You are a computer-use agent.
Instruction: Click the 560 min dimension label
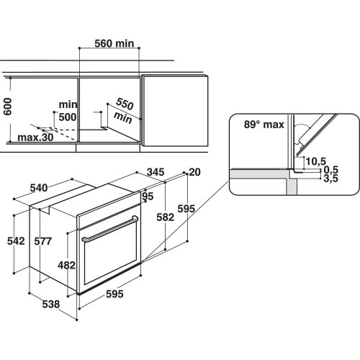(115, 44)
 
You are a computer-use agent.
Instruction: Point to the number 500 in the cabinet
(68, 117)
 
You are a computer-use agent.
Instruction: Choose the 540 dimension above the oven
(43, 189)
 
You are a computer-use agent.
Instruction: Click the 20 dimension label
(194, 172)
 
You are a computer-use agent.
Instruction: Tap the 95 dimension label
(148, 196)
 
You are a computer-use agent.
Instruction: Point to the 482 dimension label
(66, 265)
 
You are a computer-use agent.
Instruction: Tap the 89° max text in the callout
(264, 125)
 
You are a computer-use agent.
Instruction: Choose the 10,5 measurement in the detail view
(315, 161)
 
